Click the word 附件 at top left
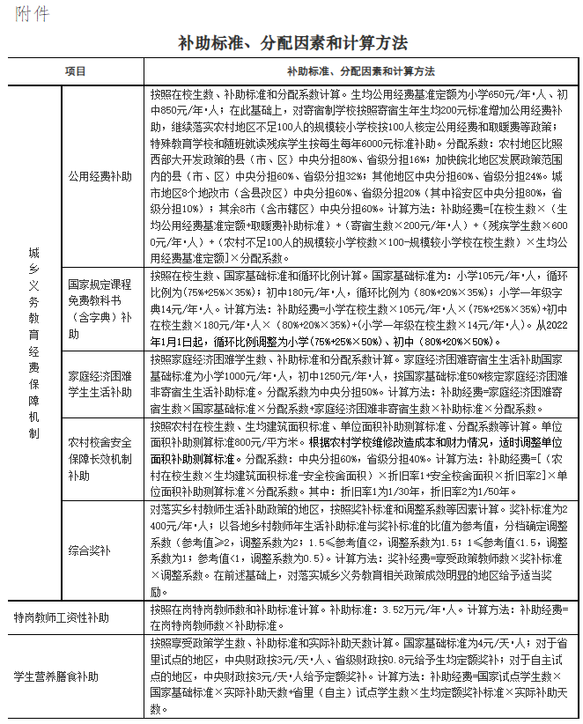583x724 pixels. [32, 14]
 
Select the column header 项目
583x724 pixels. [76, 70]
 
